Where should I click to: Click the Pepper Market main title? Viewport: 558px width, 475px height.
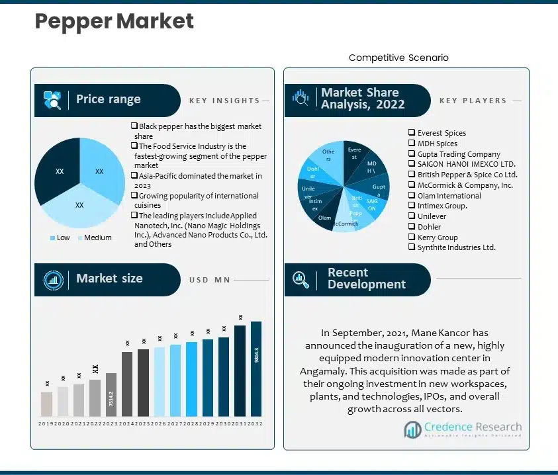click(x=114, y=21)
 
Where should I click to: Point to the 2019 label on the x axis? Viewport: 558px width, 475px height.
click(x=46, y=423)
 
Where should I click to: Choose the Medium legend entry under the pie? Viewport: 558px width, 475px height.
click(x=95, y=237)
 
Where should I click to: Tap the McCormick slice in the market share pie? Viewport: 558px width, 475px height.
click(x=344, y=222)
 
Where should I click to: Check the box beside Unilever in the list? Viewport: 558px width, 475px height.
click(x=412, y=216)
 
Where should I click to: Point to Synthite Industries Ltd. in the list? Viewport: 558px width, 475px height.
click(x=456, y=247)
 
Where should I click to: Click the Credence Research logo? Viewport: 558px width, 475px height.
click(x=463, y=429)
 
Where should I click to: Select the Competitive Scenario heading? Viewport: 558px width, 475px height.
click(x=398, y=58)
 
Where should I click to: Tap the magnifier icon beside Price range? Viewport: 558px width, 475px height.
click(x=53, y=100)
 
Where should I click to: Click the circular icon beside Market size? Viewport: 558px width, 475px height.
click(x=53, y=279)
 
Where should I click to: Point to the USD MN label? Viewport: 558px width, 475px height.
click(x=209, y=280)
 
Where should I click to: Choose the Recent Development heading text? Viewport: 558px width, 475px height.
click(x=366, y=279)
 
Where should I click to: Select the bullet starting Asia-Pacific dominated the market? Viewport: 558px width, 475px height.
click(x=200, y=181)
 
